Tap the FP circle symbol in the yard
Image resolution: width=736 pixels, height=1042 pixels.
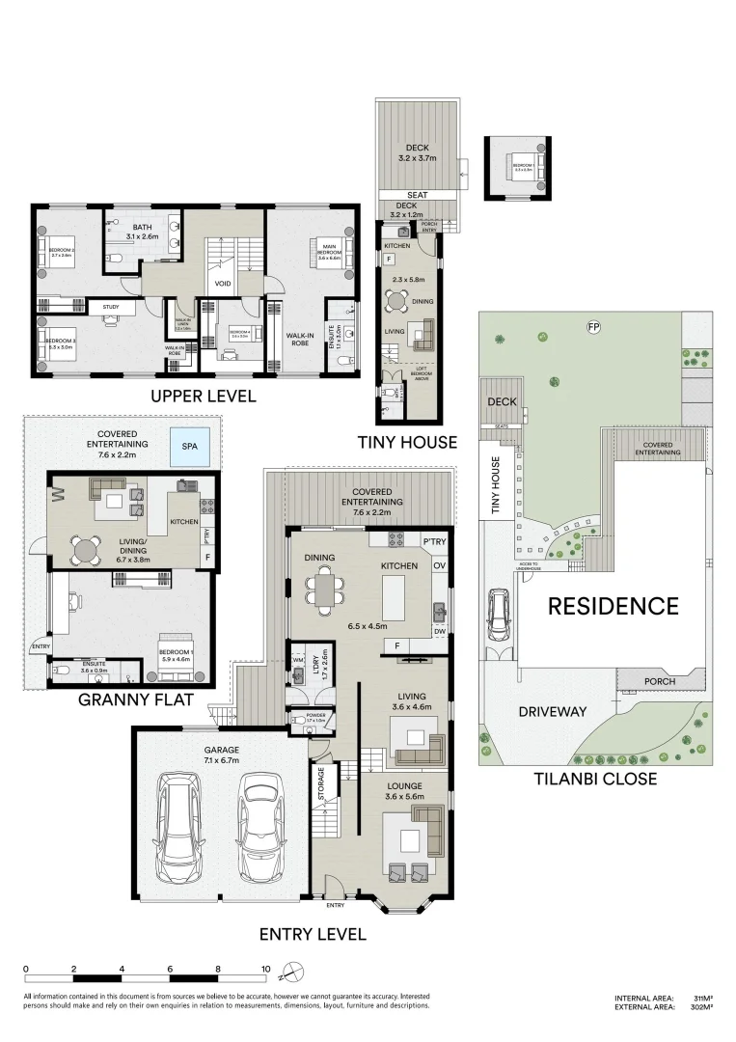pyautogui.click(x=593, y=327)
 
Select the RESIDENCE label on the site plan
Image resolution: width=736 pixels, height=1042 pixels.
pyautogui.click(x=613, y=606)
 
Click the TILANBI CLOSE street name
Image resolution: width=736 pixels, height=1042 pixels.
pyautogui.click(x=596, y=779)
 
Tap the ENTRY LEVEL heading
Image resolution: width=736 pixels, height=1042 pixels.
pyautogui.click(x=313, y=933)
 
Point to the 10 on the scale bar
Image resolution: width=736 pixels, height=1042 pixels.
pyautogui.click(x=265, y=968)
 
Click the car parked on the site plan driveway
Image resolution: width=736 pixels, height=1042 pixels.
pyautogui.click(x=501, y=616)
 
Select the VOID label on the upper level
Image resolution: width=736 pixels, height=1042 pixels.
pyautogui.click(x=222, y=284)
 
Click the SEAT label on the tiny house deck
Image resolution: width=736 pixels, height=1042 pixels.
pyautogui.click(x=418, y=194)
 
